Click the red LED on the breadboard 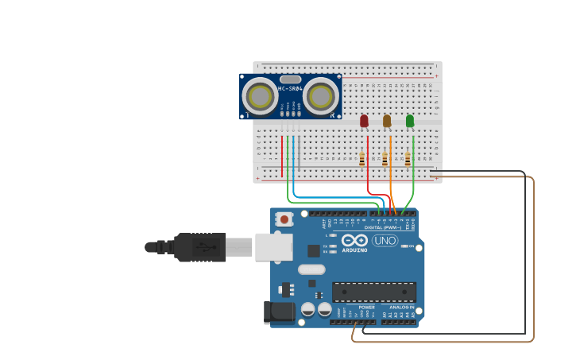point(364,121)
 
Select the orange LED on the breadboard point(387,121)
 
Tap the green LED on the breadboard point(410,121)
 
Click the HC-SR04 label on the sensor point(290,88)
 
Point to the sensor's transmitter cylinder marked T point(260,96)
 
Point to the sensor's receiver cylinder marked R point(321,96)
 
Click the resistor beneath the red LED point(362,160)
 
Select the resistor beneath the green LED point(408,160)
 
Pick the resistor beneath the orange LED point(385,160)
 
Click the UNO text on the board point(385,241)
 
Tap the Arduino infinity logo point(354,241)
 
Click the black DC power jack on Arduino point(279,312)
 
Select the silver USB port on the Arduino point(273,246)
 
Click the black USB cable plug point(199,247)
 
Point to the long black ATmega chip point(373,292)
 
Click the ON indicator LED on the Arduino point(404,246)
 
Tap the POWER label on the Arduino point(366,307)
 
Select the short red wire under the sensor point(282,155)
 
